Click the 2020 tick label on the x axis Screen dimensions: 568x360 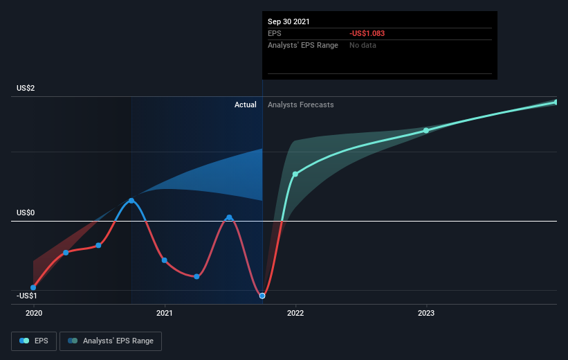pos(34,313)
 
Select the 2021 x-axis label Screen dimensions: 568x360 pos(165,313)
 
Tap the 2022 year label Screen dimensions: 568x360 pos(295,313)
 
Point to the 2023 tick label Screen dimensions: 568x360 pos(426,313)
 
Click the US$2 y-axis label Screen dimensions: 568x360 pos(26,88)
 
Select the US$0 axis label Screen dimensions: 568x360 pos(26,213)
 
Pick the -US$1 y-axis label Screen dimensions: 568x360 pos(27,296)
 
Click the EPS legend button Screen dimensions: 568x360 pos(34,341)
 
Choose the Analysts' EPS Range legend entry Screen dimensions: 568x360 pos(111,341)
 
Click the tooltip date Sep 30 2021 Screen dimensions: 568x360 pos(288,21)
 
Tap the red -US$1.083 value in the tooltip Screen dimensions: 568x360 pos(367,33)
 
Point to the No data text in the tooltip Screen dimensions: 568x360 pos(363,45)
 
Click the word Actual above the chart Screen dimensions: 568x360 pos(245,105)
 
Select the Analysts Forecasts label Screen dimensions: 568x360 pos(301,105)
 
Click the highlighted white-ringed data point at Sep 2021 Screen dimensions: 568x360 pos(262,296)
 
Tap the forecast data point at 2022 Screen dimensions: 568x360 pos(295,174)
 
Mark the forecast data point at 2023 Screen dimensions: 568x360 pos(426,131)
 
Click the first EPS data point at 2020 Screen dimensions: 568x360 pos(33,287)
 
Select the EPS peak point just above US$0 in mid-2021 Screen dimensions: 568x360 pos(229,217)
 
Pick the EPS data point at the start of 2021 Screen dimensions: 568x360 pos(165,260)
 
